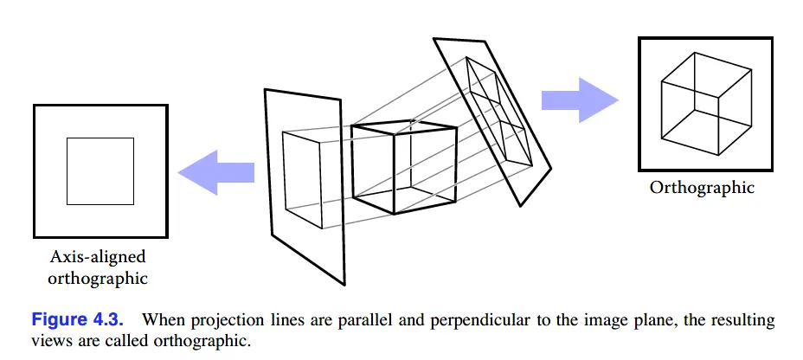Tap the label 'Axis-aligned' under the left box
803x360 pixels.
98,258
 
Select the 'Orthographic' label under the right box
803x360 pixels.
702,188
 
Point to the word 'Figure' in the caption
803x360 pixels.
60,320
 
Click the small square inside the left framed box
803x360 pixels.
100,170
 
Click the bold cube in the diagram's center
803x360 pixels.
402,167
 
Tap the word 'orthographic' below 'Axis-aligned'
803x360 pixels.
98,279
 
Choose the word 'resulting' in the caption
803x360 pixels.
744,321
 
